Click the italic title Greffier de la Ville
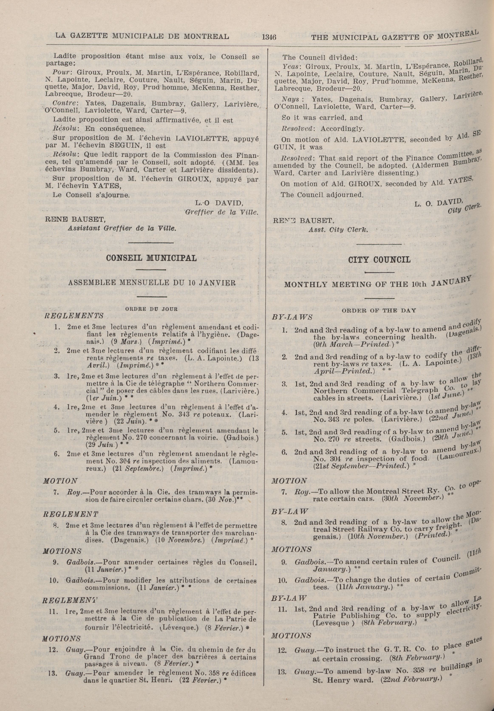pos(221,213)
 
